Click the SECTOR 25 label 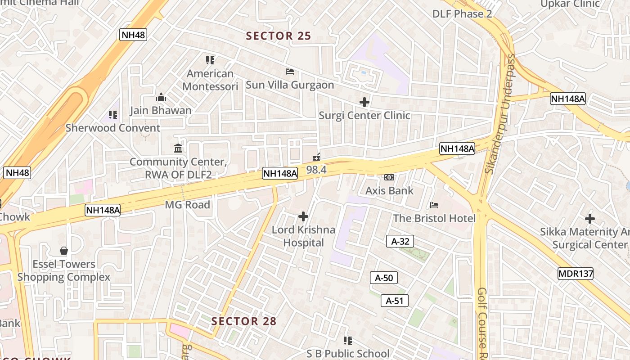[x=279, y=36]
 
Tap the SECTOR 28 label [x=244, y=321]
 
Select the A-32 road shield [x=400, y=242]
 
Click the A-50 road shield [x=384, y=278]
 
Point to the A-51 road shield [x=395, y=301]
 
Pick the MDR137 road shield [x=576, y=274]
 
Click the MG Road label [x=187, y=205]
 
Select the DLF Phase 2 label [x=462, y=14]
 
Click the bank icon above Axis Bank [x=389, y=177]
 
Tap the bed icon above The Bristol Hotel [x=434, y=205]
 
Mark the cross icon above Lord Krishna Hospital [x=303, y=216]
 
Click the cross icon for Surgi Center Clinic [x=364, y=102]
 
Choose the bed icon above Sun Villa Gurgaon [x=290, y=72]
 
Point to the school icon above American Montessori [x=210, y=60]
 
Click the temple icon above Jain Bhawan [x=161, y=97]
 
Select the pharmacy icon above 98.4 [x=316, y=157]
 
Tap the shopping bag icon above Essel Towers [x=64, y=251]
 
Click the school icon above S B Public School [x=348, y=341]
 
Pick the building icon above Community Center [x=178, y=148]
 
